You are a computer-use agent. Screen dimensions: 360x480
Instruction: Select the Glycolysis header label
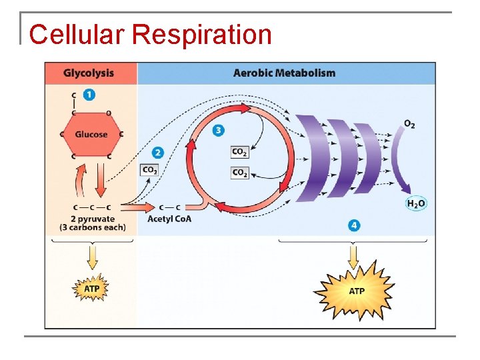tap(88, 73)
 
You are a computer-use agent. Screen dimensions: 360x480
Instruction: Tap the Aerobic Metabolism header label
tap(284, 73)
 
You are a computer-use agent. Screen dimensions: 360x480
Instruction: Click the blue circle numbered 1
tap(89, 95)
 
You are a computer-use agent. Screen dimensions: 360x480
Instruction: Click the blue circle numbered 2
tap(157, 152)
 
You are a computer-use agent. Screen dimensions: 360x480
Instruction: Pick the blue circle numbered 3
tap(218, 130)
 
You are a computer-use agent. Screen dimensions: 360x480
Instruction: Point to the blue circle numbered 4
tap(353, 226)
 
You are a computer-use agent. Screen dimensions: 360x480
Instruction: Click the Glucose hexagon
tap(91, 134)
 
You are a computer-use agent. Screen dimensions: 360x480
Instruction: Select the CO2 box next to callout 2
tap(150, 170)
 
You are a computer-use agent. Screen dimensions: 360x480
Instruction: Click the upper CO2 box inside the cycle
tap(239, 152)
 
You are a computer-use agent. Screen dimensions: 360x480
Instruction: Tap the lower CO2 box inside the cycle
tap(239, 173)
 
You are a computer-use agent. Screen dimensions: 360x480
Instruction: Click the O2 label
tap(409, 124)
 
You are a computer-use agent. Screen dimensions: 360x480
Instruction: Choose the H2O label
tap(416, 203)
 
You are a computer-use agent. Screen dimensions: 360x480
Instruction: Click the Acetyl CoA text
tap(169, 219)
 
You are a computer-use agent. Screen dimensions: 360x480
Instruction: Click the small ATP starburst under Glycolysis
tap(91, 288)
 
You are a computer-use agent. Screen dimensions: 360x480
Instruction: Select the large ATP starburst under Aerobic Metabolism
tap(357, 291)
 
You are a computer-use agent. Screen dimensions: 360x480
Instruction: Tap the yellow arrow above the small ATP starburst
tap(92, 257)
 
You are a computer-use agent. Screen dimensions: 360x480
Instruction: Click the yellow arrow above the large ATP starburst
tap(353, 256)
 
